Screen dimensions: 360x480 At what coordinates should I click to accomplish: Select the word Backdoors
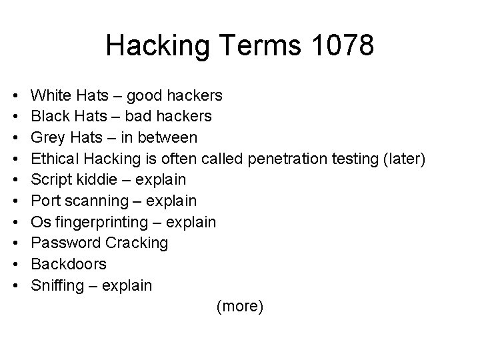[x=69, y=265]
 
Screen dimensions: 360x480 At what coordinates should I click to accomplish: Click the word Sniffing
[x=59, y=286]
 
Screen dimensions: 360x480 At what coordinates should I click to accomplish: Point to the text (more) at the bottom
[x=240, y=307]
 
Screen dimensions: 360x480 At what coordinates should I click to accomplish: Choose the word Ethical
[x=55, y=159]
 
